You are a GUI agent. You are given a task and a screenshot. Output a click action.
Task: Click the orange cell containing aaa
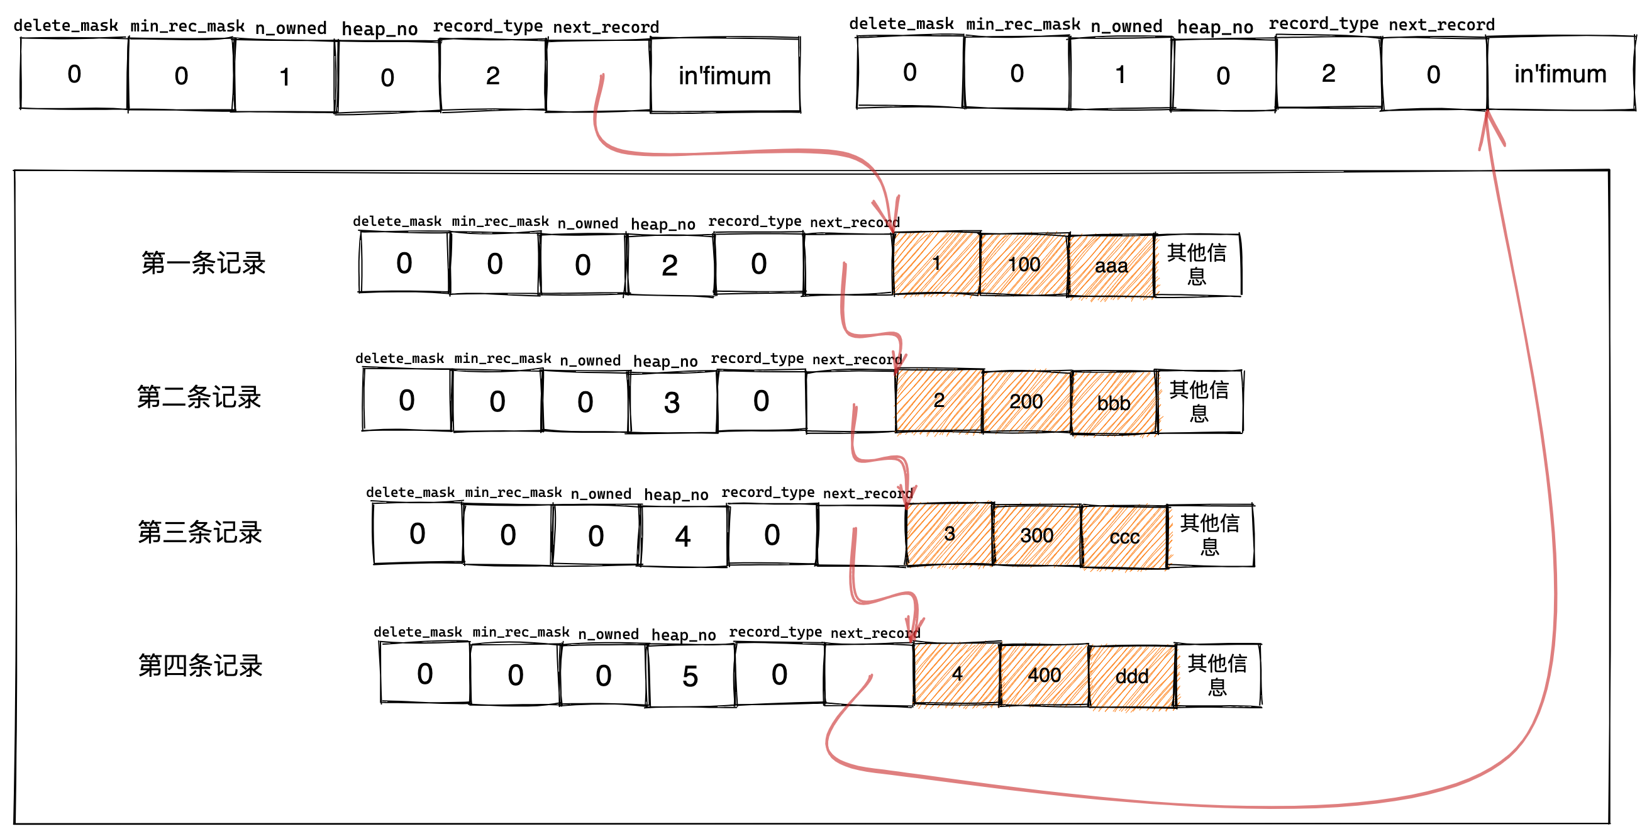pos(1111,265)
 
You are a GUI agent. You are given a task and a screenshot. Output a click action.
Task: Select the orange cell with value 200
pos(1026,401)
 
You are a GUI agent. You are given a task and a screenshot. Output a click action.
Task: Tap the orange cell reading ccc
pos(1124,536)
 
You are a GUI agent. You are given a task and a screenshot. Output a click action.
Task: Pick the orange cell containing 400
pos(1044,675)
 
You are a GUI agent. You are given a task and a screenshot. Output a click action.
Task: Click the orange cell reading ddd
pos(1132,676)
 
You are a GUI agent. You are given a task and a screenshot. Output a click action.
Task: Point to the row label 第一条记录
pos(203,263)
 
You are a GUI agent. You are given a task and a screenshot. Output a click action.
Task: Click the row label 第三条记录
pos(200,532)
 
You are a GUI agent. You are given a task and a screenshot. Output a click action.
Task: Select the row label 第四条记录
pos(200,666)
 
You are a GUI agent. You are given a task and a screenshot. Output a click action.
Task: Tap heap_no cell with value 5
pos(690,676)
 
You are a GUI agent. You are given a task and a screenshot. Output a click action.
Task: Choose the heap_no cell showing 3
pos(672,402)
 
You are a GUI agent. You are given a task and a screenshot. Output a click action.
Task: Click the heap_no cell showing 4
pos(683,536)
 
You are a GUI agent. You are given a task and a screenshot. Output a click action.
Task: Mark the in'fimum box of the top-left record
pos(724,75)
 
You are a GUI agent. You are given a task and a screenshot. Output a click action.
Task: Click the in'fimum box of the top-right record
pos(1560,74)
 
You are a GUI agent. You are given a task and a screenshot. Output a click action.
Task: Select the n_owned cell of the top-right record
pos(1120,74)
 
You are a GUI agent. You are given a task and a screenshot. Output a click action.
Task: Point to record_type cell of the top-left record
pos(492,75)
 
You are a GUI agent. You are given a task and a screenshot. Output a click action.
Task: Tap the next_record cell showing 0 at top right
pos(1433,74)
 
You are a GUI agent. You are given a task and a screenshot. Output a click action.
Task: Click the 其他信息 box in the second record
pos(1199,401)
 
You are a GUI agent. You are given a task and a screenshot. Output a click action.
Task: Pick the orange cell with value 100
pos(1024,264)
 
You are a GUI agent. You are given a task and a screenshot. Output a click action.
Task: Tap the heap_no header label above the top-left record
pos(379,28)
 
